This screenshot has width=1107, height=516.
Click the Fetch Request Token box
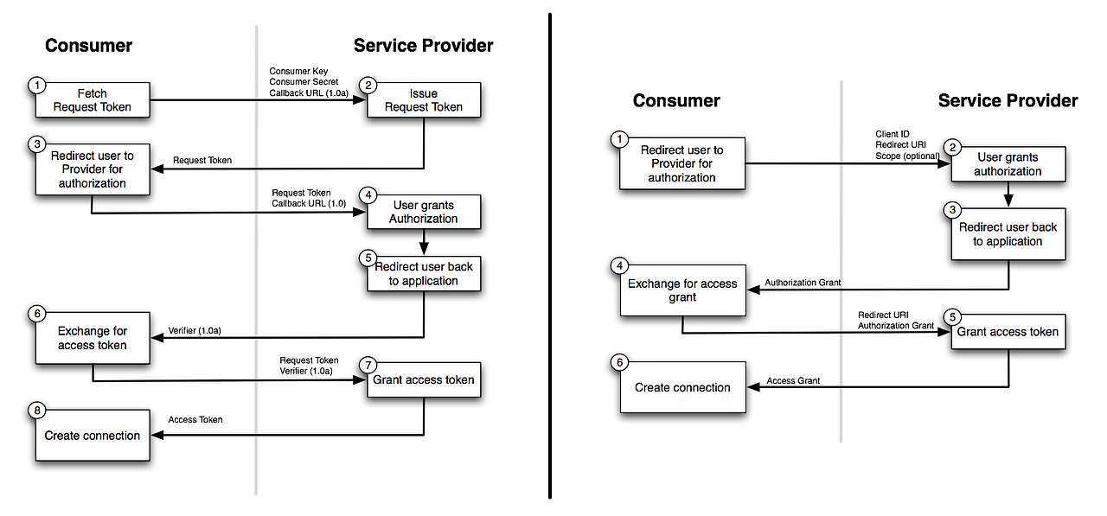[x=93, y=100]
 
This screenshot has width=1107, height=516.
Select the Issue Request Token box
[x=424, y=100]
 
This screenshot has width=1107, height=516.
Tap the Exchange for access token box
[x=93, y=338]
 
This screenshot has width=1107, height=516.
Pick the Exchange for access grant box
[x=682, y=290]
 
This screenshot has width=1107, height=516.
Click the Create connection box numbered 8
[x=93, y=436]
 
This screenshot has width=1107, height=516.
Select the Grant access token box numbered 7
[x=424, y=379]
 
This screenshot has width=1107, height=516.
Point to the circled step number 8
[x=36, y=410]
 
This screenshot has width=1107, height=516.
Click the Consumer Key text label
[x=299, y=71]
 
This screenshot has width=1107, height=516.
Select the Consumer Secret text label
[x=304, y=81]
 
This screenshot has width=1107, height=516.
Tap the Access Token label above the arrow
[x=195, y=419]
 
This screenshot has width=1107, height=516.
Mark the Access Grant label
[x=793, y=380]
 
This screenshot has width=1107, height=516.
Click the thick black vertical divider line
[x=550, y=259]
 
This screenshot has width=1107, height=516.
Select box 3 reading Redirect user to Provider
[x=93, y=169]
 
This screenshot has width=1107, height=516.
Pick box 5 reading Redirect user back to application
[x=424, y=273]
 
